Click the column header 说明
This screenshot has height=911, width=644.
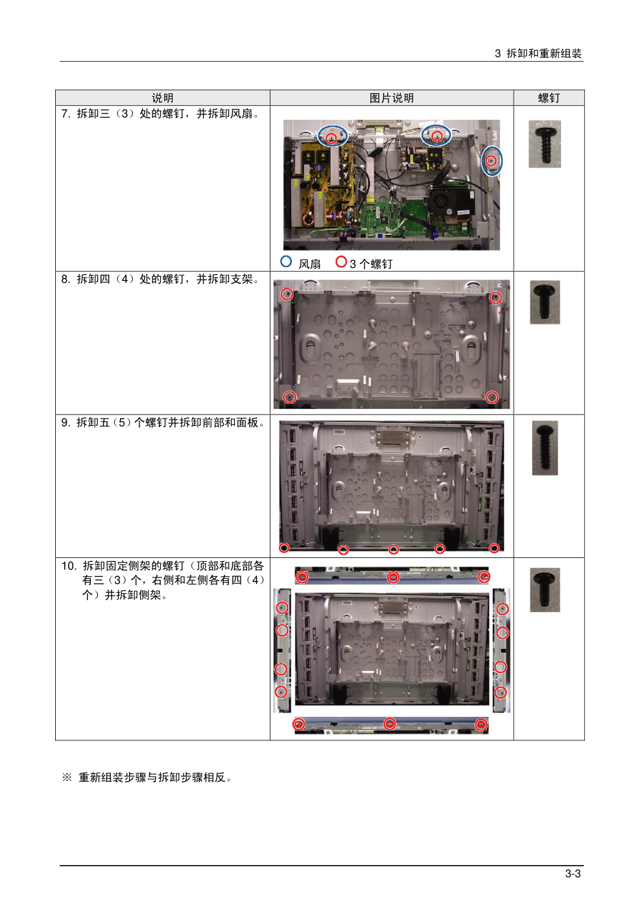pos(162,98)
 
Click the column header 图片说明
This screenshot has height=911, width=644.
pos(392,98)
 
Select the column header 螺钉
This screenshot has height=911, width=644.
pos(549,98)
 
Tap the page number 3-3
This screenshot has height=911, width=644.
pos(573,873)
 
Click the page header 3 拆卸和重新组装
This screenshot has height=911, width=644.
pos(538,53)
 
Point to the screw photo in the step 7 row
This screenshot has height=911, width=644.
pos(544,144)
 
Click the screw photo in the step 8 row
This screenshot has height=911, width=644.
pos(545,302)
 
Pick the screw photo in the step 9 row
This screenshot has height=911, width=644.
pos(545,448)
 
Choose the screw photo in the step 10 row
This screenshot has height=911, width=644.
pos(545,590)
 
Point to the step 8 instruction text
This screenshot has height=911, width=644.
pos(160,279)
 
